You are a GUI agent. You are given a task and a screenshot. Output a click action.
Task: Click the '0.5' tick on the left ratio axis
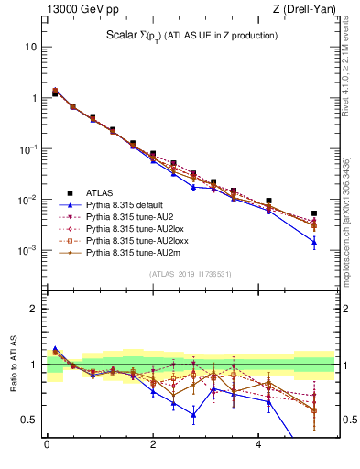tap(29, 420)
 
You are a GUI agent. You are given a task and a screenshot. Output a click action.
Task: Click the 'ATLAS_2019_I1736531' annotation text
tap(190, 274)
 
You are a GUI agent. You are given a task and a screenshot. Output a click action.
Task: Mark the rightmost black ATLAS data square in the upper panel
tap(314, 213)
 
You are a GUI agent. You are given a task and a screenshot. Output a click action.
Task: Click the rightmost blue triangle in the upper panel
tap(314, 242)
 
